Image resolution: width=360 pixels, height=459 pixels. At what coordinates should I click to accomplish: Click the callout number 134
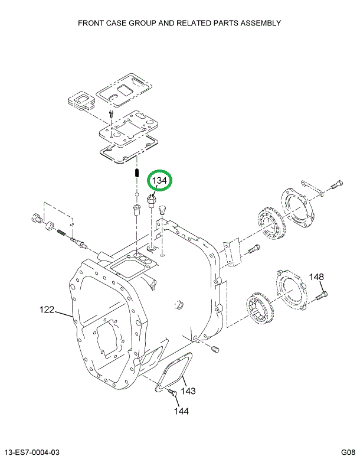click(x=161, y=180)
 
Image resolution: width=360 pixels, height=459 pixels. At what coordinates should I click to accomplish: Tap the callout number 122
click(x=47, y=309)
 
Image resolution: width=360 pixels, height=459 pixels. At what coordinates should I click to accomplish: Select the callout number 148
click(x=317, y=277)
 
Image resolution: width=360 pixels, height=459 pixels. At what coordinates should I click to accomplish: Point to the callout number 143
click(x=188, y=390)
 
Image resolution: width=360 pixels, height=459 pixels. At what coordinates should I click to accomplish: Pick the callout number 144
click(x=181, y=411)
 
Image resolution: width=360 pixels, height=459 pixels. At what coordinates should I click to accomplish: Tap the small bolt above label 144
click(x=173, y=392)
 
